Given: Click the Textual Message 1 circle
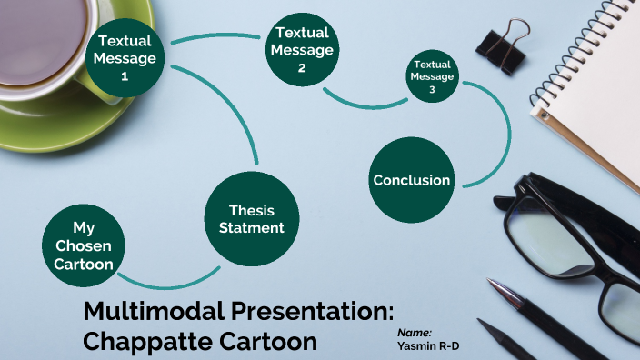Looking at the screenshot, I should [126, 57].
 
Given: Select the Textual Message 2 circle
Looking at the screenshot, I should [301, 50].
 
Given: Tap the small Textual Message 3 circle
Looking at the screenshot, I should [432, 77].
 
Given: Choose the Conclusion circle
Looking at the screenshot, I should [411, 180].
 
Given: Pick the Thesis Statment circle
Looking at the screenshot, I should [251, 219].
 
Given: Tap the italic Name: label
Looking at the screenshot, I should [415, 333].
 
